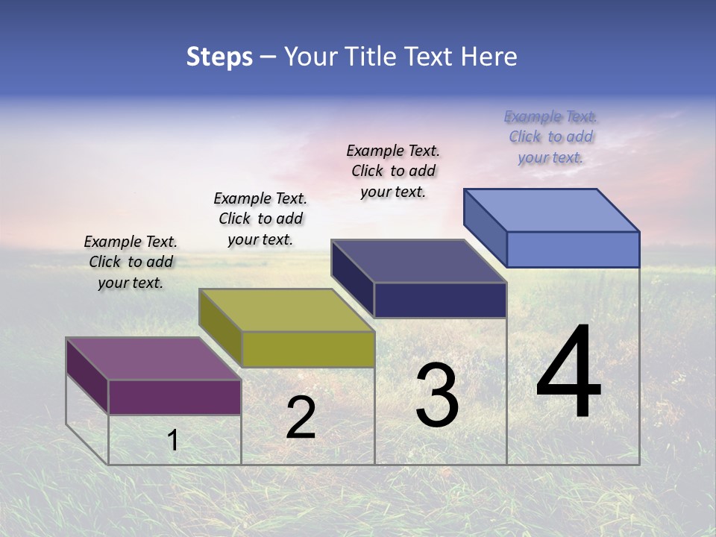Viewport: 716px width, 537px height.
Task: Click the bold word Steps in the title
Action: (x=219, y=57)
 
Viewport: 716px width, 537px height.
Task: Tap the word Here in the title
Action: (x=488, y=57)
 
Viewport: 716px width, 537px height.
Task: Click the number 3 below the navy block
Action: (x=437, y=395)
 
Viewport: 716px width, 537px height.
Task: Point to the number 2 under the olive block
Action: (x=301, y=418)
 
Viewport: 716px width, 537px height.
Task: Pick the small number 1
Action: (x=172, y=441)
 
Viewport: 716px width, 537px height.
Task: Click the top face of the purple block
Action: (x=152, y=358)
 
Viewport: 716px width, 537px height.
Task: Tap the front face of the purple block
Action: (x=175, y=397)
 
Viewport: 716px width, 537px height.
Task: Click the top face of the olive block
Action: (x=286, y=310)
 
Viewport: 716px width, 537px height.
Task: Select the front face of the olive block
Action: (x=308, y=349)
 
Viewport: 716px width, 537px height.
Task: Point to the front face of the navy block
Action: (x=440, y=300)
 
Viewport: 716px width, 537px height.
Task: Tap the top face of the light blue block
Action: (x=551, y=210)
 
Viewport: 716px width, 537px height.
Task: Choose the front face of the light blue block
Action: (x=573, y=249)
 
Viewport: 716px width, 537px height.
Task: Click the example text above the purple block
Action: (x=131, y=262)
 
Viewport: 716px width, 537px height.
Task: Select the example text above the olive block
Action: (x=260, y=219)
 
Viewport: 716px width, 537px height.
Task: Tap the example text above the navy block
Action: (x=393, y=171)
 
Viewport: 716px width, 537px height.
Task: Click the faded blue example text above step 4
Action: (x=550, y=136)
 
